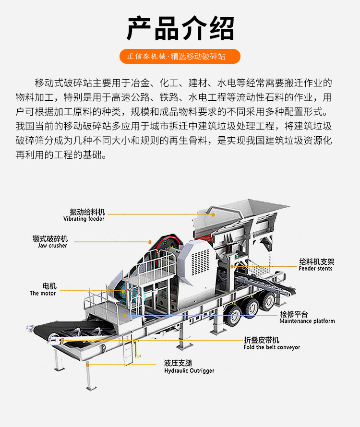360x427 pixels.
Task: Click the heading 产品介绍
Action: click(x=180, y=28)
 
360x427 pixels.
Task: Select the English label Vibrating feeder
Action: click(x=84, y=219)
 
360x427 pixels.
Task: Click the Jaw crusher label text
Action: click(x=53, y=246)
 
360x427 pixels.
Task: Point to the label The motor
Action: click(x=43, y=293)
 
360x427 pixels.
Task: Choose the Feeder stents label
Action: click(x=315, y=269)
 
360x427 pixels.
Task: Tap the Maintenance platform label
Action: click(x=307, y=321)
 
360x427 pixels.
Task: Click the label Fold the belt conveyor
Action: click(x=272, y=347)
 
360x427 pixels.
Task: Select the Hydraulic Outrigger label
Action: click(x=189, y=371)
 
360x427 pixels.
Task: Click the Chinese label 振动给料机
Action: click(x=87, y=212)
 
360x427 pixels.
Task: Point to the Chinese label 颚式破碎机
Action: click(x=50, y=238)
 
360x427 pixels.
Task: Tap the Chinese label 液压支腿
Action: click(x=178, y=363)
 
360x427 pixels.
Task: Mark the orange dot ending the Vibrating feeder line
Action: click(x=213, y=215)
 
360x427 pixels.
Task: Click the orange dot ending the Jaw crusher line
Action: click(x=150, y=242)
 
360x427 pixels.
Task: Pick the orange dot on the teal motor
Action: click(x=123, y=291)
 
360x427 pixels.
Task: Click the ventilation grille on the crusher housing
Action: click(x=201, y=262)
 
